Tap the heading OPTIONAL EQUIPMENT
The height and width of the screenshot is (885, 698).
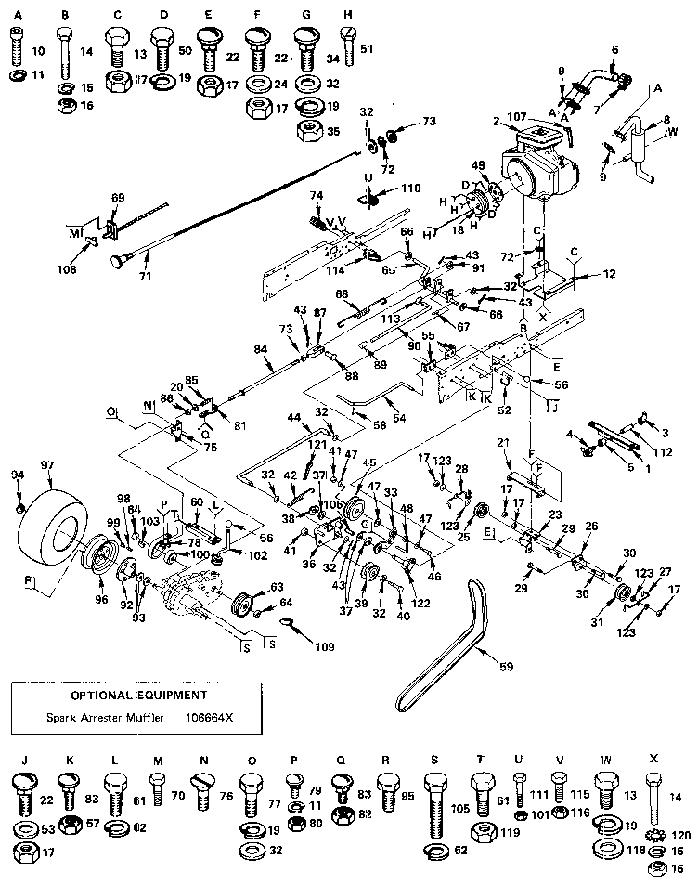coord(139,695)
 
